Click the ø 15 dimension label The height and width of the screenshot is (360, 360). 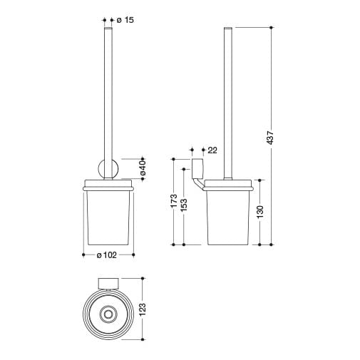(125, 20)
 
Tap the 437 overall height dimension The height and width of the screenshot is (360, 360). (270, 138)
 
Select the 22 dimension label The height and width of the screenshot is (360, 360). (212, 150)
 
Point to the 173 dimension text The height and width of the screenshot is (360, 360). (174, 201)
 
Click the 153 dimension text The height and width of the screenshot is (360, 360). (184, 205)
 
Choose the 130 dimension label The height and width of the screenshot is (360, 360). (260, 212)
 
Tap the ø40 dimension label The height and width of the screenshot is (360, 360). (142, 168)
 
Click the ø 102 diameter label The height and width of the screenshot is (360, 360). (107, 255)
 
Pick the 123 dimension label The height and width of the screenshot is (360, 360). (143, 309)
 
